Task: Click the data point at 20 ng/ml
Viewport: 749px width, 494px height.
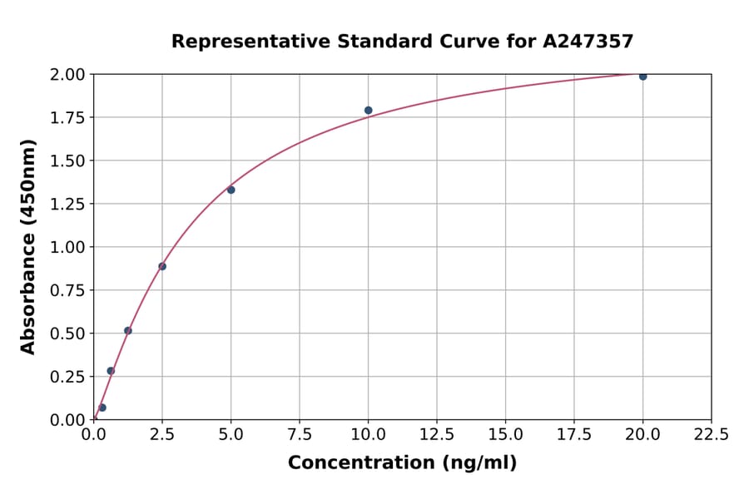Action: point(642,77)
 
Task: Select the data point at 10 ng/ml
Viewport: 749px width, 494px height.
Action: point(368,111)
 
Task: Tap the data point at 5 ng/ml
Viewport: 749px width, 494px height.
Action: point(231,190)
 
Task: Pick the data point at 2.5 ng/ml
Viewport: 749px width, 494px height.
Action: point(162,266)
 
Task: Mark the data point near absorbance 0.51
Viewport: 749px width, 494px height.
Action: point(128,330)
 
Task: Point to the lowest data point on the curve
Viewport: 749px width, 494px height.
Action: point(102,408)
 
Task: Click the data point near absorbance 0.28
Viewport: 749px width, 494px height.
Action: point(111,371)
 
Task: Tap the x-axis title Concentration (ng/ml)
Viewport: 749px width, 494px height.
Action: point(402,463)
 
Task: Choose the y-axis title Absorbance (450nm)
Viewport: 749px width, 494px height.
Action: point(28,247)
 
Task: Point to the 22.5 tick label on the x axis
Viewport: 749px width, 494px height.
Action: point(711,434)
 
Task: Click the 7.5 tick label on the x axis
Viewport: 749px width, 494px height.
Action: point(300,434)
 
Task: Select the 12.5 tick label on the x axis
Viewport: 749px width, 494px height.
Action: point(437,434)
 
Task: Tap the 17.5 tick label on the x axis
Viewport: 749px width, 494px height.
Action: point(574,434)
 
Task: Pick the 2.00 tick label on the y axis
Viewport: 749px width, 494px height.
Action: point(67,75)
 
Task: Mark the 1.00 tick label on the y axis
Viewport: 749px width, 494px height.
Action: point(67,247)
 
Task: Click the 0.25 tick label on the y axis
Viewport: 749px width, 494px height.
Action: point(67,377)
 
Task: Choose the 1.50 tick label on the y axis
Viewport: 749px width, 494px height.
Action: point(67,161)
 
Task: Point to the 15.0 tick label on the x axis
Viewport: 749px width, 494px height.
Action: point(505,434)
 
